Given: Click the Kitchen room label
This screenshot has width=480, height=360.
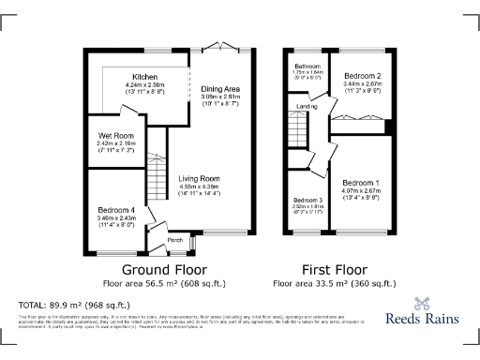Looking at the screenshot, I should [x=144, y=76].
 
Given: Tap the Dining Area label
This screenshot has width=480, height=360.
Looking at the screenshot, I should [x=219, y=88].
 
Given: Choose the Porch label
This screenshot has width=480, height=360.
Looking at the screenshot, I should [x=174, y=240].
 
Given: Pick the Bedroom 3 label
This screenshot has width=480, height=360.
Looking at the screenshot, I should [x=307, y=201].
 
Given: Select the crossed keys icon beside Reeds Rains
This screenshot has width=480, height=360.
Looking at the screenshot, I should [x=419, y=302].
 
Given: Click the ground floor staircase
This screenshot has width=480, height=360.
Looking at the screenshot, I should [x=158, y=150].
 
